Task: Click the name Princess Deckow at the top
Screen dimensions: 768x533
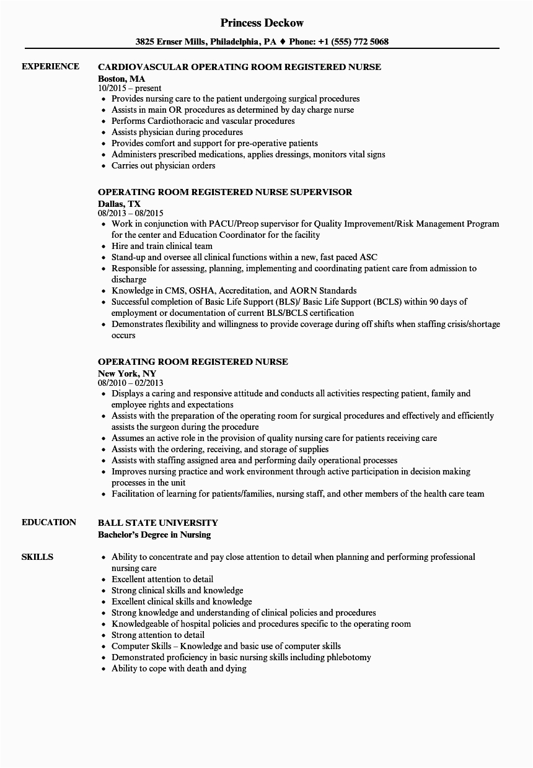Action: point(262,23)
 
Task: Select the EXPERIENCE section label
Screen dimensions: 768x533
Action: point(50,66)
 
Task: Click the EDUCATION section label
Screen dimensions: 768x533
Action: point(49,522)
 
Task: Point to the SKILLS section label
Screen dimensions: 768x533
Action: point(37,557)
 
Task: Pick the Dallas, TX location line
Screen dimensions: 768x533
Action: point(120,203)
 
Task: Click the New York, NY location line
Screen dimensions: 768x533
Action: point(127,373)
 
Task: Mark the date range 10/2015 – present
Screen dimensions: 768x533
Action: point(130,88)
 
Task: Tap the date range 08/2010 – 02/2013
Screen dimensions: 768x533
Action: point(131,383)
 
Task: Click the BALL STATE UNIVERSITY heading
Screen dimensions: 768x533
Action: point(158,523)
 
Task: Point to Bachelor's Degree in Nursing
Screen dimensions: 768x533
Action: point(154,534)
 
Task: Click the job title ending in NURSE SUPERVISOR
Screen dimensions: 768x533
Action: point(225,192)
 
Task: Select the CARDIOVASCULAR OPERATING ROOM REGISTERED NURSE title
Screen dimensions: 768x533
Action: point(240,67)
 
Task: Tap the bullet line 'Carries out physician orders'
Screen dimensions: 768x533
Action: point(163,165)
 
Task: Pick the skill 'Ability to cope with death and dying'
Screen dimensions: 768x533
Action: point(178,668)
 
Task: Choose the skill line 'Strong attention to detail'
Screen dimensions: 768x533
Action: point(157,635)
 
